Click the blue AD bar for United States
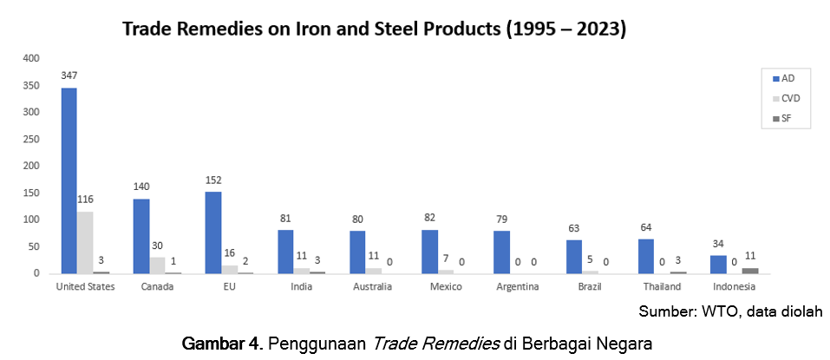click(x=69, y=180)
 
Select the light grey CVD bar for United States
click(x=85, y=242)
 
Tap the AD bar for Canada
click(x=141, y=236)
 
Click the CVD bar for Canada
click(x=157, y=265)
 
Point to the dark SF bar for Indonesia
click(x=750, y=271)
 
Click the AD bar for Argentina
click(x=502, y=252)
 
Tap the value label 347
click(x=69, y=75)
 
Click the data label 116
click(x=85, y=200)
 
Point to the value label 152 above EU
click(x=213, y=180)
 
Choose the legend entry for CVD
click(x=783, y=98)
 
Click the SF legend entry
click(x=781, y=118)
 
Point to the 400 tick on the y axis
click(x=32, y=58)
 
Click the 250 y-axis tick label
click(x=32, y=139)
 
